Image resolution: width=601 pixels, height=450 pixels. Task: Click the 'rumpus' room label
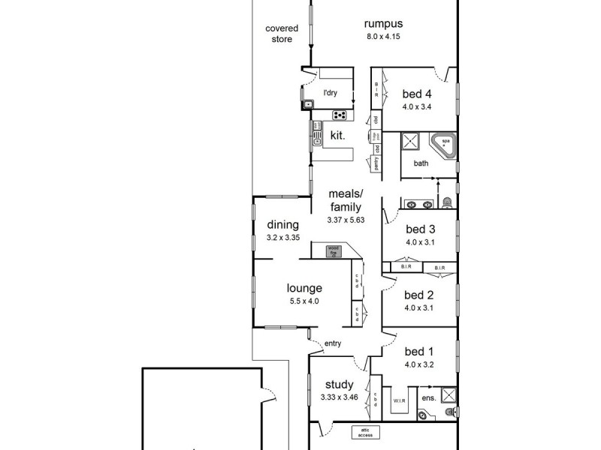click(384, 23)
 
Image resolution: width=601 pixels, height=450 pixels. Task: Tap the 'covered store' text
click(282, 34)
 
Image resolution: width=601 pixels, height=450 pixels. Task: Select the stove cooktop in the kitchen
click(340, 115)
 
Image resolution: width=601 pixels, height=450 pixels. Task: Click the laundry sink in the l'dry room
click(308, 104)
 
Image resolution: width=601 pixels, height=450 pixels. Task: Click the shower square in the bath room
click(410, 142)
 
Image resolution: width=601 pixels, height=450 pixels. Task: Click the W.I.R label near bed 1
click(398, 399)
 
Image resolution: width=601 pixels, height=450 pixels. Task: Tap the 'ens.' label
click(427, 397)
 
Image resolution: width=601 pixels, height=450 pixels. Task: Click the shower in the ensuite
click(448, 395)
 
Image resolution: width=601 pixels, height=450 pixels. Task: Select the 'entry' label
click(333, 344)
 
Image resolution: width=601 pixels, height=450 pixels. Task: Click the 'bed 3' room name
click(420, 229)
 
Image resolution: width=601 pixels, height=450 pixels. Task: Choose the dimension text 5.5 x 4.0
click(304, 301)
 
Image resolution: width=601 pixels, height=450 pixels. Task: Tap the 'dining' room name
click(283, 224)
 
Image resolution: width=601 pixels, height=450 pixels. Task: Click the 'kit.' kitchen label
click(337, 136)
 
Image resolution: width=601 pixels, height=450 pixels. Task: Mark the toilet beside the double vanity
click(447, 202)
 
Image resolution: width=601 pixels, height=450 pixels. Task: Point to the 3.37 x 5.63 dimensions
click(345, 220)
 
